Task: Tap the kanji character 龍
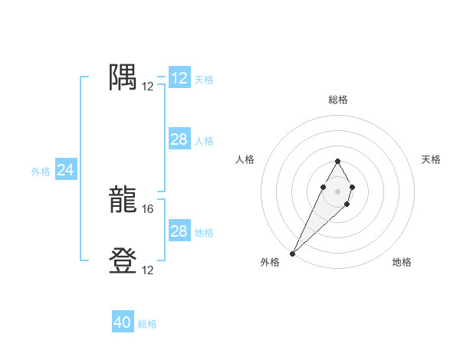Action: (123, 200)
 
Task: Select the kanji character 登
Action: (123, 261)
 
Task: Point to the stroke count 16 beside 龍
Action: (148, 208)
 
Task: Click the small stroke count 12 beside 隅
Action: (148, 86)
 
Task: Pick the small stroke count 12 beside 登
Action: (148, 270)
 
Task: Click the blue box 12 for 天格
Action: (179, 78)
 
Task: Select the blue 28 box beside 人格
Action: (179, 139)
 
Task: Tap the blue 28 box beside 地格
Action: (179, 231)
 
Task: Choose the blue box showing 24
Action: (66, 170)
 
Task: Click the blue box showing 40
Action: (123, 322)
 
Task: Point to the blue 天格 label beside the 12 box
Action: (204, 79)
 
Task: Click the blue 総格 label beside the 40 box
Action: (147, 324)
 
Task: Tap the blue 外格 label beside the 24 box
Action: (41, 172)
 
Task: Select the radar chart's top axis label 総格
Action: (337, 100)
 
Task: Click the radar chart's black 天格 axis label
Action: (431, 159)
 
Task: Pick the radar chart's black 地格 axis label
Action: (402, 262)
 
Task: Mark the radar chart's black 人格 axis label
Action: (245, 159)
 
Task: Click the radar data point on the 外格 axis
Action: (293, 253)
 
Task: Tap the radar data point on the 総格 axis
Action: (337, 161)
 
